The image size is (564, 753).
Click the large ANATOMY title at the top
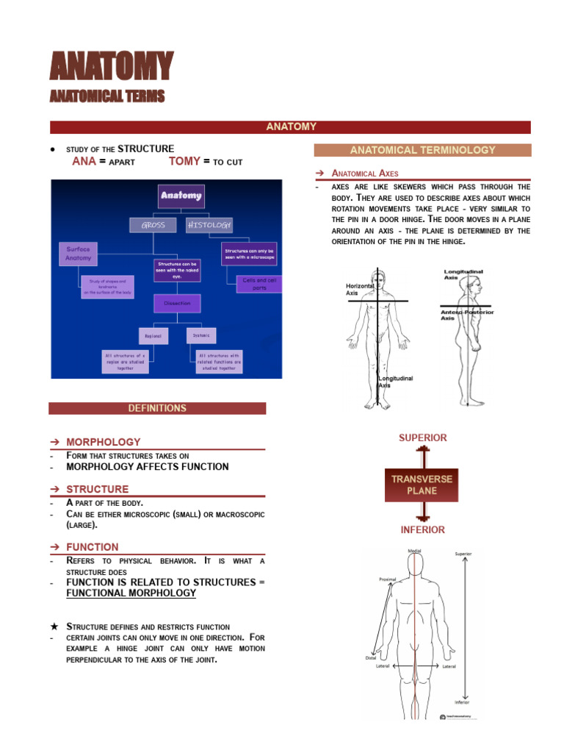(x=111, y=66)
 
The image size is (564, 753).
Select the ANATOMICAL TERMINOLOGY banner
(x=422, y=150)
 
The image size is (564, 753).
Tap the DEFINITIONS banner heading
(x=157, y=408)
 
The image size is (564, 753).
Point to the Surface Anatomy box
(x=78, y=254)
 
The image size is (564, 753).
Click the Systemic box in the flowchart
(x=201, y=335)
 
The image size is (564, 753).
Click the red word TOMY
(x=184, y=162)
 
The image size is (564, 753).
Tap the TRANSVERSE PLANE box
(x=422, y=485)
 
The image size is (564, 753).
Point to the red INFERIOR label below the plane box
(x=422, y=529)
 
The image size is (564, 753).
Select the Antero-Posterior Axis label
(x=466, y=315)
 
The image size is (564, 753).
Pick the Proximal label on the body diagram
(x=387, y=579)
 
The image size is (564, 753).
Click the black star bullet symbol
(x=54, y=626)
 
